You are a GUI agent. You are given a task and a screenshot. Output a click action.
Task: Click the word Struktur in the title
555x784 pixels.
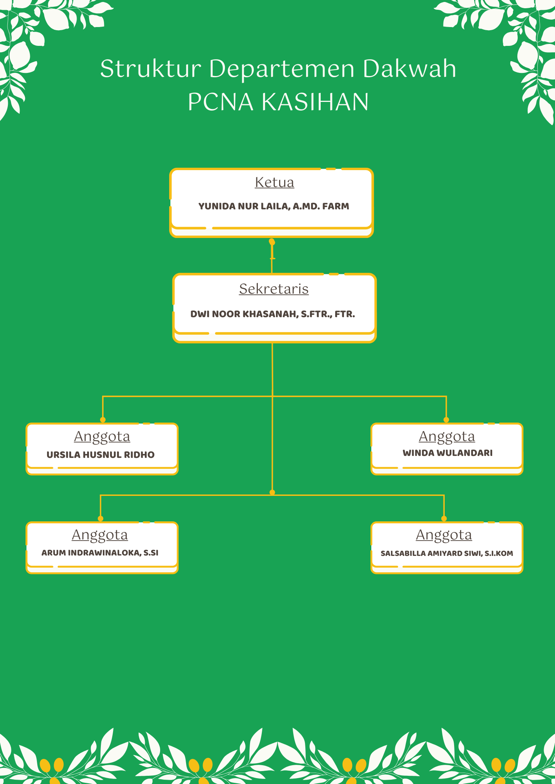151,69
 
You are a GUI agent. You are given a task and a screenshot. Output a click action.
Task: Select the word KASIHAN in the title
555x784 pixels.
315,102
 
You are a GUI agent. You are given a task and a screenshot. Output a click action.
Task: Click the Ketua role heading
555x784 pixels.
274,182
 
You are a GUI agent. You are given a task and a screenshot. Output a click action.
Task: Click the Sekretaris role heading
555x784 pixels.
274,289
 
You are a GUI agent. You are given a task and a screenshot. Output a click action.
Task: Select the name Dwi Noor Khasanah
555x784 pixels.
244,314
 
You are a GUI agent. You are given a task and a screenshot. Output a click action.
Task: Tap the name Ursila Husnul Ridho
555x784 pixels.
100,455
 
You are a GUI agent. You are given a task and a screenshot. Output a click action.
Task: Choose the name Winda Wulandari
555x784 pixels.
447,453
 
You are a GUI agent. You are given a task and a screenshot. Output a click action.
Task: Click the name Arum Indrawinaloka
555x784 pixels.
91,553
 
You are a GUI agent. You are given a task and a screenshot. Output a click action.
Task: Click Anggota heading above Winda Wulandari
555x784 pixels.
447,437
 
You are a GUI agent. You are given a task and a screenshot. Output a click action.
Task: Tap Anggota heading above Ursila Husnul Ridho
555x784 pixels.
102,437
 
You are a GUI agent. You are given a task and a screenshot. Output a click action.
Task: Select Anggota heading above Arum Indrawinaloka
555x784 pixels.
100,535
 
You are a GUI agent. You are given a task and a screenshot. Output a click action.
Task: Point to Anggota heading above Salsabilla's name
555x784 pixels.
444,535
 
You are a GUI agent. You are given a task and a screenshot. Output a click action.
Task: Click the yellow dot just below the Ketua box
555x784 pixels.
272,242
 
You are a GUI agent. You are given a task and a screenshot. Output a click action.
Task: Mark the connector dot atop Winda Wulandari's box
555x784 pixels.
446,420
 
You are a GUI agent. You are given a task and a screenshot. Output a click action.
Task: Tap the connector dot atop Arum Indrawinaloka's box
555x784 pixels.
100,519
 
